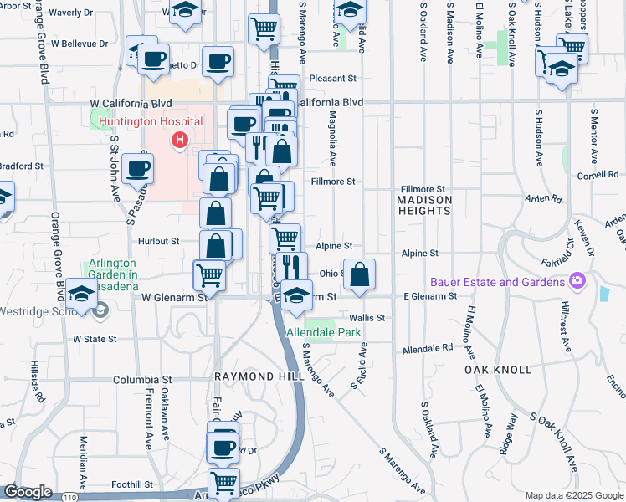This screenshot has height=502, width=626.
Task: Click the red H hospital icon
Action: click(178, 140)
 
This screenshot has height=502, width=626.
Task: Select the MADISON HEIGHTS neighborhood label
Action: click(424, 205)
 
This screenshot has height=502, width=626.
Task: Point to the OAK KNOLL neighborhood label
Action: click(497, 369)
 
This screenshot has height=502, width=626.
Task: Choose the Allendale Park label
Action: click(323, 332)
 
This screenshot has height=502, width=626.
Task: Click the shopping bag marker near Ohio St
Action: click(359, 274)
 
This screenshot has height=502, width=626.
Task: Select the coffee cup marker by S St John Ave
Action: click(137, 168)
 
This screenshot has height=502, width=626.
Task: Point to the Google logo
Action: click(28, 492)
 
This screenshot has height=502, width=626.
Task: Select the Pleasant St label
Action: click(332, 79)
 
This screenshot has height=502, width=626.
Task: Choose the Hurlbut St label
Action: click(159, 241)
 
